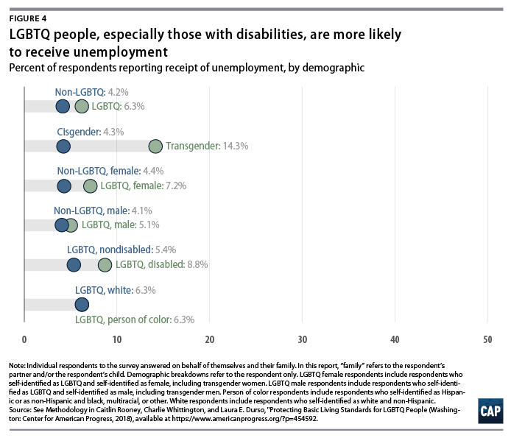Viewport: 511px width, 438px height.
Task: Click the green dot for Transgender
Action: click(x=155, y=146)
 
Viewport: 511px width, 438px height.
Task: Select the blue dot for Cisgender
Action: click(x=63, y=146)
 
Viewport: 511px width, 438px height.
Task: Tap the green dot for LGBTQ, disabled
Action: click(x=105, y=264)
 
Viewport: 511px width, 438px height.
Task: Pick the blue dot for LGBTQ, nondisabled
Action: click(x=74, y=264)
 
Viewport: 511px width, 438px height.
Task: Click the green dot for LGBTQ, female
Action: click(x=91, y=186)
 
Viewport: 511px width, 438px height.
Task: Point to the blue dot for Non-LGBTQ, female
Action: click(x=65, y=186)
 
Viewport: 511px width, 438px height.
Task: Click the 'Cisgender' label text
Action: click(x=80, y=132)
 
